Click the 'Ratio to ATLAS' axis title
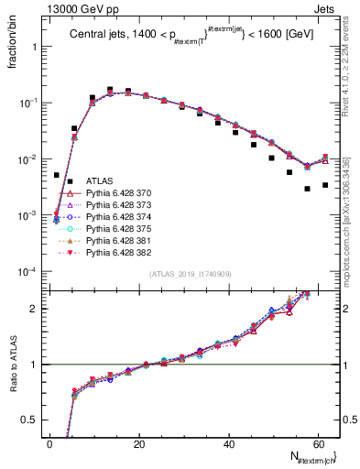(13, 365)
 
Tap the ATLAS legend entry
(98, 181)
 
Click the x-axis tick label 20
(140, 444)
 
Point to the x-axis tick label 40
(230, 444)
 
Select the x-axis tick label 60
(320, 444)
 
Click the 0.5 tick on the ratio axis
(32, 420)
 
